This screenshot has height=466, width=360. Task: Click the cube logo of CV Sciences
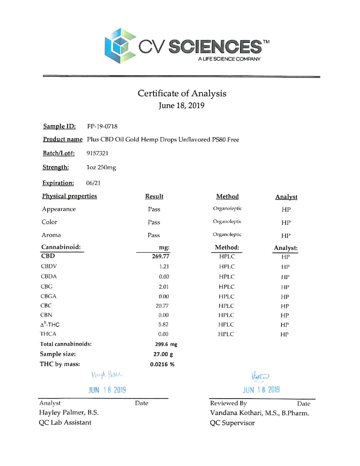point(120,46)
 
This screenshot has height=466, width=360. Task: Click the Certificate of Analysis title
point(182,93)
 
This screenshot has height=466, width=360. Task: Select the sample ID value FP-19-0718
point(102,126)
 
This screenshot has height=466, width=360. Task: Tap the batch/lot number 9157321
point(97,153)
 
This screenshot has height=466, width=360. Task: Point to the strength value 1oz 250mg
point(101,167)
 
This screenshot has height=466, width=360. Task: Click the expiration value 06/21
point(93,183)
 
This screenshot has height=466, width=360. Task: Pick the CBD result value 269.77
point(161,256)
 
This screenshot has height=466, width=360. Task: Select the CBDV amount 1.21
point(164,266)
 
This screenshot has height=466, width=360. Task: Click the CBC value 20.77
point(162,306)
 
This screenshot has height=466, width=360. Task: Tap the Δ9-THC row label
point(50,325)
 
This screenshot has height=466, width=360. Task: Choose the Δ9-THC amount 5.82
point(163,325)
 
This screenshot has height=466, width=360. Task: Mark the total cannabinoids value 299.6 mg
point(166,344)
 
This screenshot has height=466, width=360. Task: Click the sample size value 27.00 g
point(163,354)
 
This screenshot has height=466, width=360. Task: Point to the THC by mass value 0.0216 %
point(162,364)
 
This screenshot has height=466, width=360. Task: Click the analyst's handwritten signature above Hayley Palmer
point(107,375)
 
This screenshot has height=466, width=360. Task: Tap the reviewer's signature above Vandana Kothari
point(260,376)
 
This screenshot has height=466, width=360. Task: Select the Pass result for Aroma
point(154,235)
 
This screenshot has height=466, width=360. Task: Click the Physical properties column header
point(69,196)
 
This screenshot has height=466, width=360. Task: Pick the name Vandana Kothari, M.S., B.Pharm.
point(259,413)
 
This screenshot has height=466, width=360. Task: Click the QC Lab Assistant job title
point(65,423)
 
